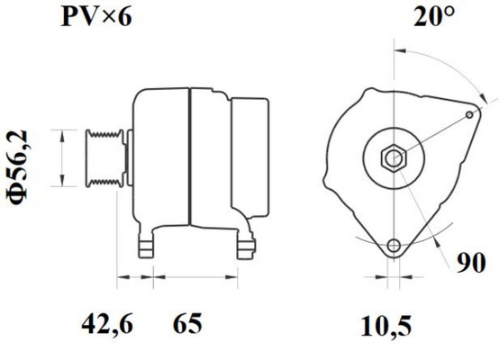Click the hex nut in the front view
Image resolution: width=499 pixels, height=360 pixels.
[393, 158]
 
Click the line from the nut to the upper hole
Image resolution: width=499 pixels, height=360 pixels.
[432, 137]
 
